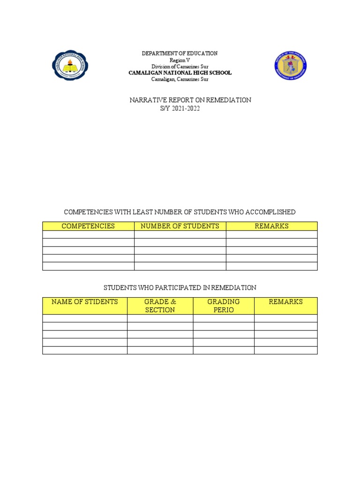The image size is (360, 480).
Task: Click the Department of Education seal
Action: click(x=291, y=65)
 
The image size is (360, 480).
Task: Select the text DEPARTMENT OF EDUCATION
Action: click(x=180, y=54)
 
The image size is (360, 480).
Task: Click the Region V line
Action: click(x=180, y=60)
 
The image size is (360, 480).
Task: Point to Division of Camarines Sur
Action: click(x=180, y=67)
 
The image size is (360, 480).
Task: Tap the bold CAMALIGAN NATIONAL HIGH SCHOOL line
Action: click(x=180, y=73)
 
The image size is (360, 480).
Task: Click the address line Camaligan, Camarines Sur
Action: click(x=180, y=79)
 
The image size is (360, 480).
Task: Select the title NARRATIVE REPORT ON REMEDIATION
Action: click(x=190, y=100)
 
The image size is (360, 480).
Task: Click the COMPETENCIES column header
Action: click(x=88, y=226)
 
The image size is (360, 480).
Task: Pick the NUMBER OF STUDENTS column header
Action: click(x=180, y=226)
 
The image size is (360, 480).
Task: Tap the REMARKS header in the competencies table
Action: click(x=271, y=226)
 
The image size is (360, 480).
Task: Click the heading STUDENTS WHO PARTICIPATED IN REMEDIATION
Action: click(x=180, y=287)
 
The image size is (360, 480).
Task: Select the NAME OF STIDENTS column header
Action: click(x=84, y=302)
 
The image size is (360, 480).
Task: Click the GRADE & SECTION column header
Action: click(x=160, y=306)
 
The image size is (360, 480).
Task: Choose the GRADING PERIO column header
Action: click(x=224, y=306)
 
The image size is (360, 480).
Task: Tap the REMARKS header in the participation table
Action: click(x=285, y=302)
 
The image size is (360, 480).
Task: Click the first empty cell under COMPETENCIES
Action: click(x=88, y=234)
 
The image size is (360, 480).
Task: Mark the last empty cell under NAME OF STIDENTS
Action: click(x=84, y=350)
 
